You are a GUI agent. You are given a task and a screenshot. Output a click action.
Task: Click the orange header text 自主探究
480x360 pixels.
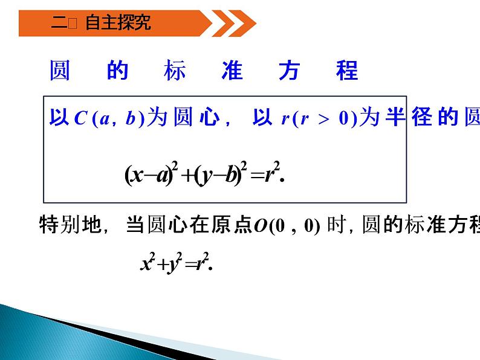coord(118,24)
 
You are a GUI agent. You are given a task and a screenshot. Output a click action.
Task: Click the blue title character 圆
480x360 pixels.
coord(60,71)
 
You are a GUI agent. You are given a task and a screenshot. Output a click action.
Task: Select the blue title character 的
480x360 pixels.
coord(118,71)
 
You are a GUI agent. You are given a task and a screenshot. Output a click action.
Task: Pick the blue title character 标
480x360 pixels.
coord(175,71)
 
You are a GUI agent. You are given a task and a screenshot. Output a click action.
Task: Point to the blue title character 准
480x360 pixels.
coord(232,71)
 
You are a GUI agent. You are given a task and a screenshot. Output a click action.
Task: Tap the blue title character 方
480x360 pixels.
coord(289,71)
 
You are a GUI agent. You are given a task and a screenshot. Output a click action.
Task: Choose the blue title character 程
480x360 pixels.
coord(347,71)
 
